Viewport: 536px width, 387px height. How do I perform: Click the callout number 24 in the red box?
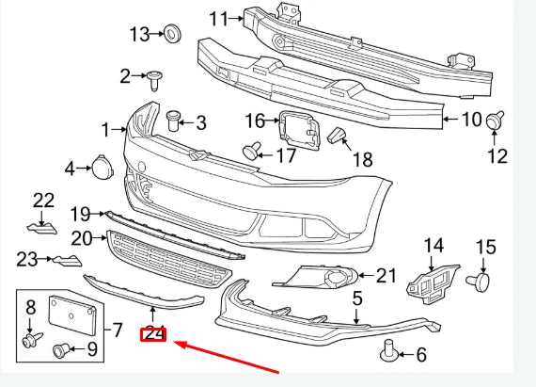pyautogui.click(x=153, y=333)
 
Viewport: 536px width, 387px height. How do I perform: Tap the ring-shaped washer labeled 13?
pyautogui.click(x=172, y=35)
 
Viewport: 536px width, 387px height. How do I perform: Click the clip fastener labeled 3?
pyautogui.click(x=172, y=121)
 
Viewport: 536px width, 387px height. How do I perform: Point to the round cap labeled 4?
pyautogui.click(x=99, y=168)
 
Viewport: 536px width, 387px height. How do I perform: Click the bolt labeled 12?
pyautogui.click(x=495, y=121)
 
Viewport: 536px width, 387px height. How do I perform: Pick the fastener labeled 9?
pyautogui.click(x=61, y=350)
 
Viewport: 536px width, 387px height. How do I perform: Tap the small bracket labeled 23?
pyautogui.click(x=63, y=262)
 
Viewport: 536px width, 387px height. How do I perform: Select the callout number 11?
pyautogui.click(x=219, y=18)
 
